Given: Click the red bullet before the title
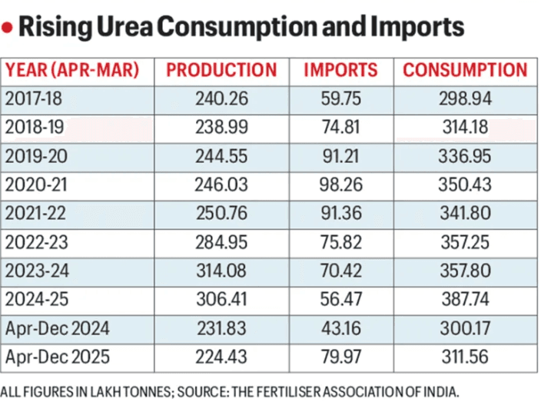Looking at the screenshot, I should coord(8,28).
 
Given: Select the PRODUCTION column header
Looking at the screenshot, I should coord(221,70).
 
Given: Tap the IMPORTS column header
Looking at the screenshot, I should coord(340,70).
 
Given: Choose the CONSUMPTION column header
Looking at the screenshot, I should coord(465,70).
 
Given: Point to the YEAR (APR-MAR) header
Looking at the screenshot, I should coord(72,70).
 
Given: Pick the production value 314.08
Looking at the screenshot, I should coord(221,271).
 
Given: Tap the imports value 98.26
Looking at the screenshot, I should coord(340,184).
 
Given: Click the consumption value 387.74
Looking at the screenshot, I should coord(465,300).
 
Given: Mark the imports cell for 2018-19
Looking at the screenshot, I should coord(340,127).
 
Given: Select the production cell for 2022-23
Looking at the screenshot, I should coord(221,242).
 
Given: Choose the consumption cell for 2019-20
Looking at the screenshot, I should coord(465,156).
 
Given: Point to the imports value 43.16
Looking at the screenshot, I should coord(340,329).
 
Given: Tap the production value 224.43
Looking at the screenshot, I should coord(221,357).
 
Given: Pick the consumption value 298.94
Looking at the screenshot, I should coord(465,98).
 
